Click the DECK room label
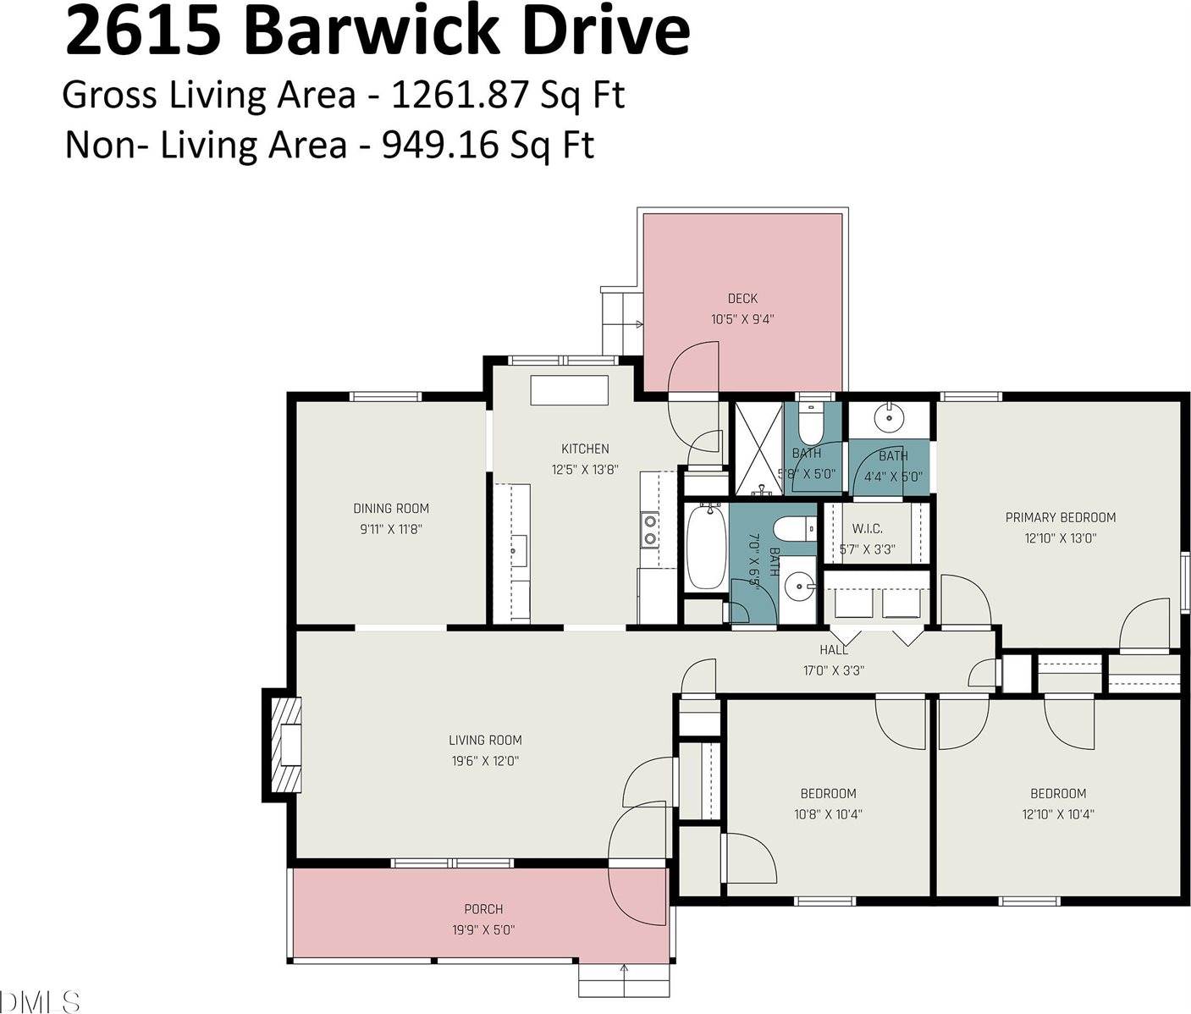click(742, 299)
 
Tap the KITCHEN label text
click(585, 449)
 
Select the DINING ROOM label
click(391, 509)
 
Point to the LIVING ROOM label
click(485, 741)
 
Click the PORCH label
click(483, 909)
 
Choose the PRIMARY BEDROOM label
click(1060, 517)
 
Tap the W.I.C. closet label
click(867, 529)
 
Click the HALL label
click(834, 650)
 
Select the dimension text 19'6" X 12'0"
click(485, 761)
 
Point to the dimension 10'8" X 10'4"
click(828, 814)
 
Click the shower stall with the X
click(758, 448)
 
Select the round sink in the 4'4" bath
click(888, 416)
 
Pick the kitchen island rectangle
click(569, 391)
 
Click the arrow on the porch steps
click(624, 969)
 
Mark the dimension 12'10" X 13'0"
click(1060, 538)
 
